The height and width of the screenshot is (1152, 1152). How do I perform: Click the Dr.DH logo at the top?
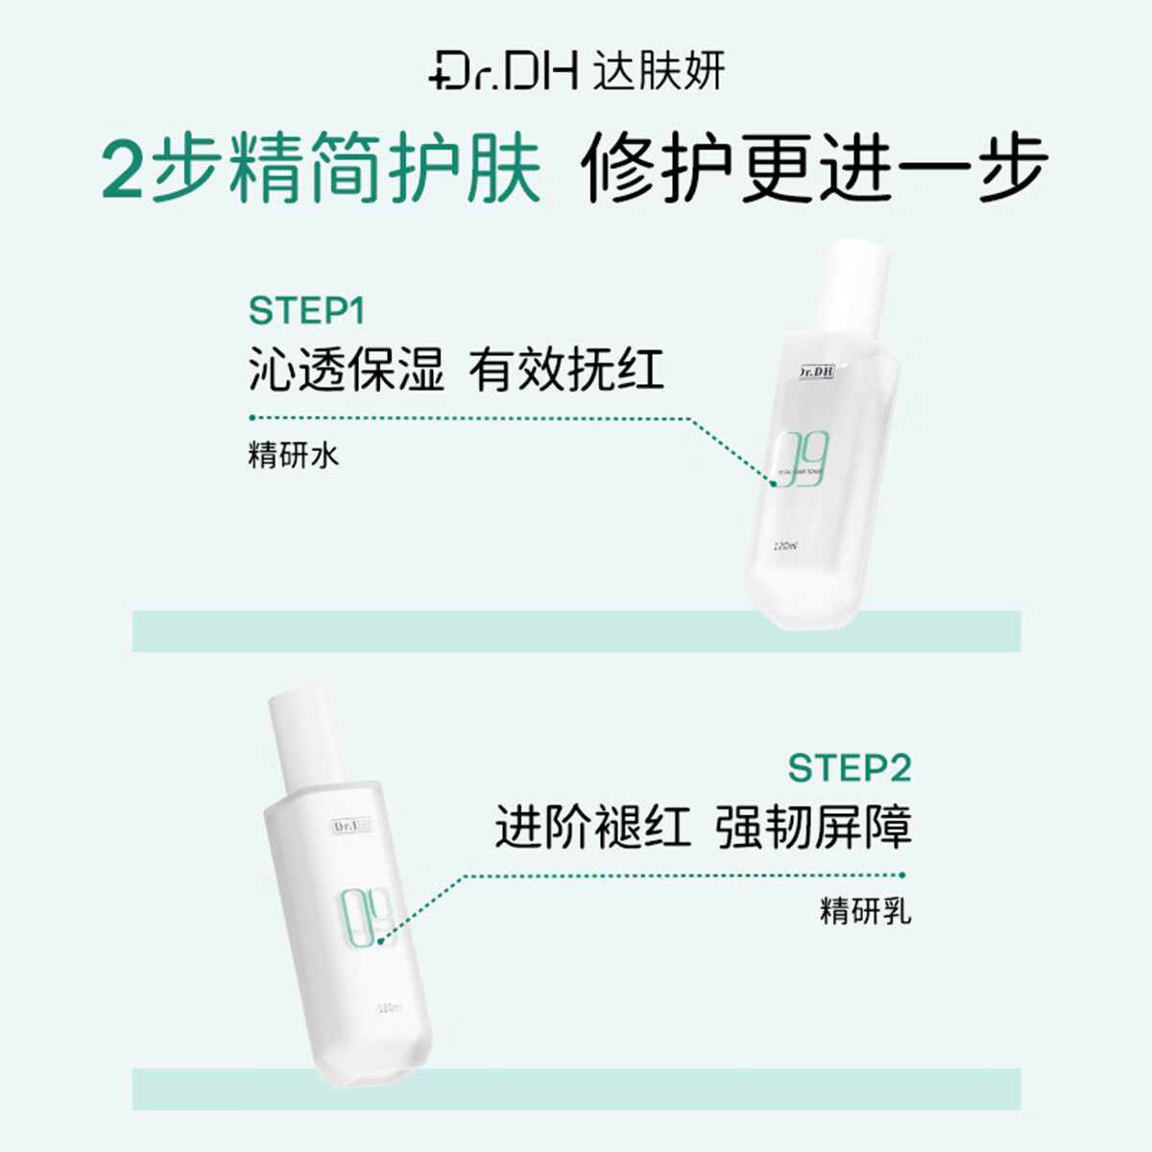pyautogui.click(x=503, y=72)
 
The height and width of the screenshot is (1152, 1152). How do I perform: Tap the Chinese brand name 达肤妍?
pyautogui.click(x=659, y=72)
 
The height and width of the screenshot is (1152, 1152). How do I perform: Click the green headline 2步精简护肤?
pyautogui.click(x=321, y=170)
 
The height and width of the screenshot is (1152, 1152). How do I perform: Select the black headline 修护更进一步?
pyautogui.click(x=814, y=170)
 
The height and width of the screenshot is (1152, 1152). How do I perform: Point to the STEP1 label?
pyautogui.click(x=306, y=311)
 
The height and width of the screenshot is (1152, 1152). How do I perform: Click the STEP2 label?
pyautogui.click(x=849, y=768)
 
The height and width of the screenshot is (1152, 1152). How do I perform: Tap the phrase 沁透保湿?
pyautogui.click(x=347, y=370)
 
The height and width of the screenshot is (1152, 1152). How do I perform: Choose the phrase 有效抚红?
pyautogui.click(x=566, y=370)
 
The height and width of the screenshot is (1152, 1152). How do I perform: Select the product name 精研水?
pyautogui.click(x=293, y=454)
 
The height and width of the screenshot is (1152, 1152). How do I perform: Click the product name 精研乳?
pyautogui.click(x=865, y=910)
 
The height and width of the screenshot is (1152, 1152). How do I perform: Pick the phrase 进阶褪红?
pyautogui.click(x=592, y=827)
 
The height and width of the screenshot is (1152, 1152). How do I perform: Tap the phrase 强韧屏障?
pyautogui.click(x=813, y=827)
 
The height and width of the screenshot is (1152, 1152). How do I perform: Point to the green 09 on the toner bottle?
pyautogui.click(x=802, y=460)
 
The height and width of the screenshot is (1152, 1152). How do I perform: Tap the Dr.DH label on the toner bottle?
pyautogui.click(x=816, y=372)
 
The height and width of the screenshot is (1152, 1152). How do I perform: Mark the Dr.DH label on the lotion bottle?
pyautogui.click(x=353, y=826)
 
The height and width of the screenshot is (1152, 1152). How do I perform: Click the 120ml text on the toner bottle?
pyautogui.click(x=785, y=546)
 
